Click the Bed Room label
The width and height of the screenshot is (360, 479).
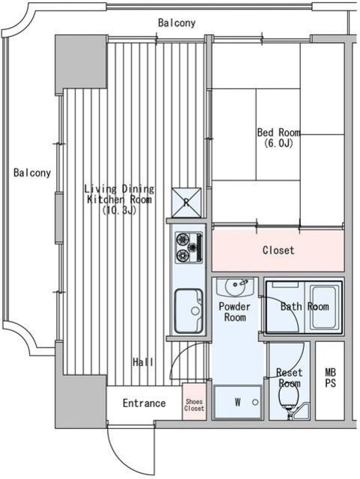[x=278, y=132]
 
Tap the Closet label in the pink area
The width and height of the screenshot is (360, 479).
[x=278, y=250]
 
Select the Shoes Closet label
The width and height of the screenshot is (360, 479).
[x=195, y=405]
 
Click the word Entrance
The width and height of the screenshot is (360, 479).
[x=144, y=403]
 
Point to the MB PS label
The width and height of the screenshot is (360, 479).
[x=330, y=377]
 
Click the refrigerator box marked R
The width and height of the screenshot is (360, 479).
[x=186, y=202]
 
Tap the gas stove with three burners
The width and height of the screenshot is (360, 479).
[x=189, y=248]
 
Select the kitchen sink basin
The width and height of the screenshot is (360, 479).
[x=189, y=311]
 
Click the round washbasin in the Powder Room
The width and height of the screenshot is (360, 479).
[x=235, y=287]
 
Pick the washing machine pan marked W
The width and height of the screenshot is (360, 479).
[x=237, y=402]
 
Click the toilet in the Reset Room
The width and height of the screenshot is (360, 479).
[x=287, y=400]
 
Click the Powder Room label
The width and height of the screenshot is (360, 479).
[x=234, y=311]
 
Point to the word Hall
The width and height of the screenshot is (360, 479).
[x=143, y=362]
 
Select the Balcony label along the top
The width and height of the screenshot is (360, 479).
[x=177, y=22]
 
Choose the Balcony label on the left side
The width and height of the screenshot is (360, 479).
[x=32, y=173]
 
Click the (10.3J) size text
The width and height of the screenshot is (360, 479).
[x=119, y=210]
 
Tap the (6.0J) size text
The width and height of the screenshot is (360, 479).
[x=278, y=143]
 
